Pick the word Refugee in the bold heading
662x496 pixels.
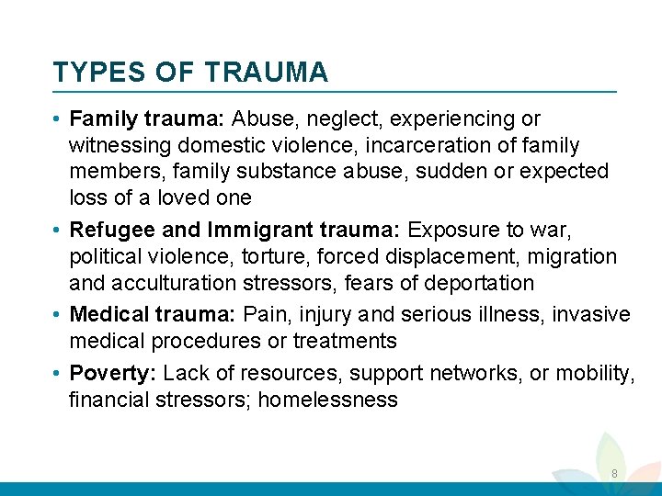click(109, 230)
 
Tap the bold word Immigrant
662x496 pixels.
click(255, 230)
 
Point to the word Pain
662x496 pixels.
click(264, 315)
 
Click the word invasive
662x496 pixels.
click(594, 315)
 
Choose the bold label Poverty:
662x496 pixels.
click(113, 373)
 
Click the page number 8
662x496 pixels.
click(614, 474)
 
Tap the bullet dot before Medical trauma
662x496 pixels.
click(58, 315)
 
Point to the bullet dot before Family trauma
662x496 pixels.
click(58, 119)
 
